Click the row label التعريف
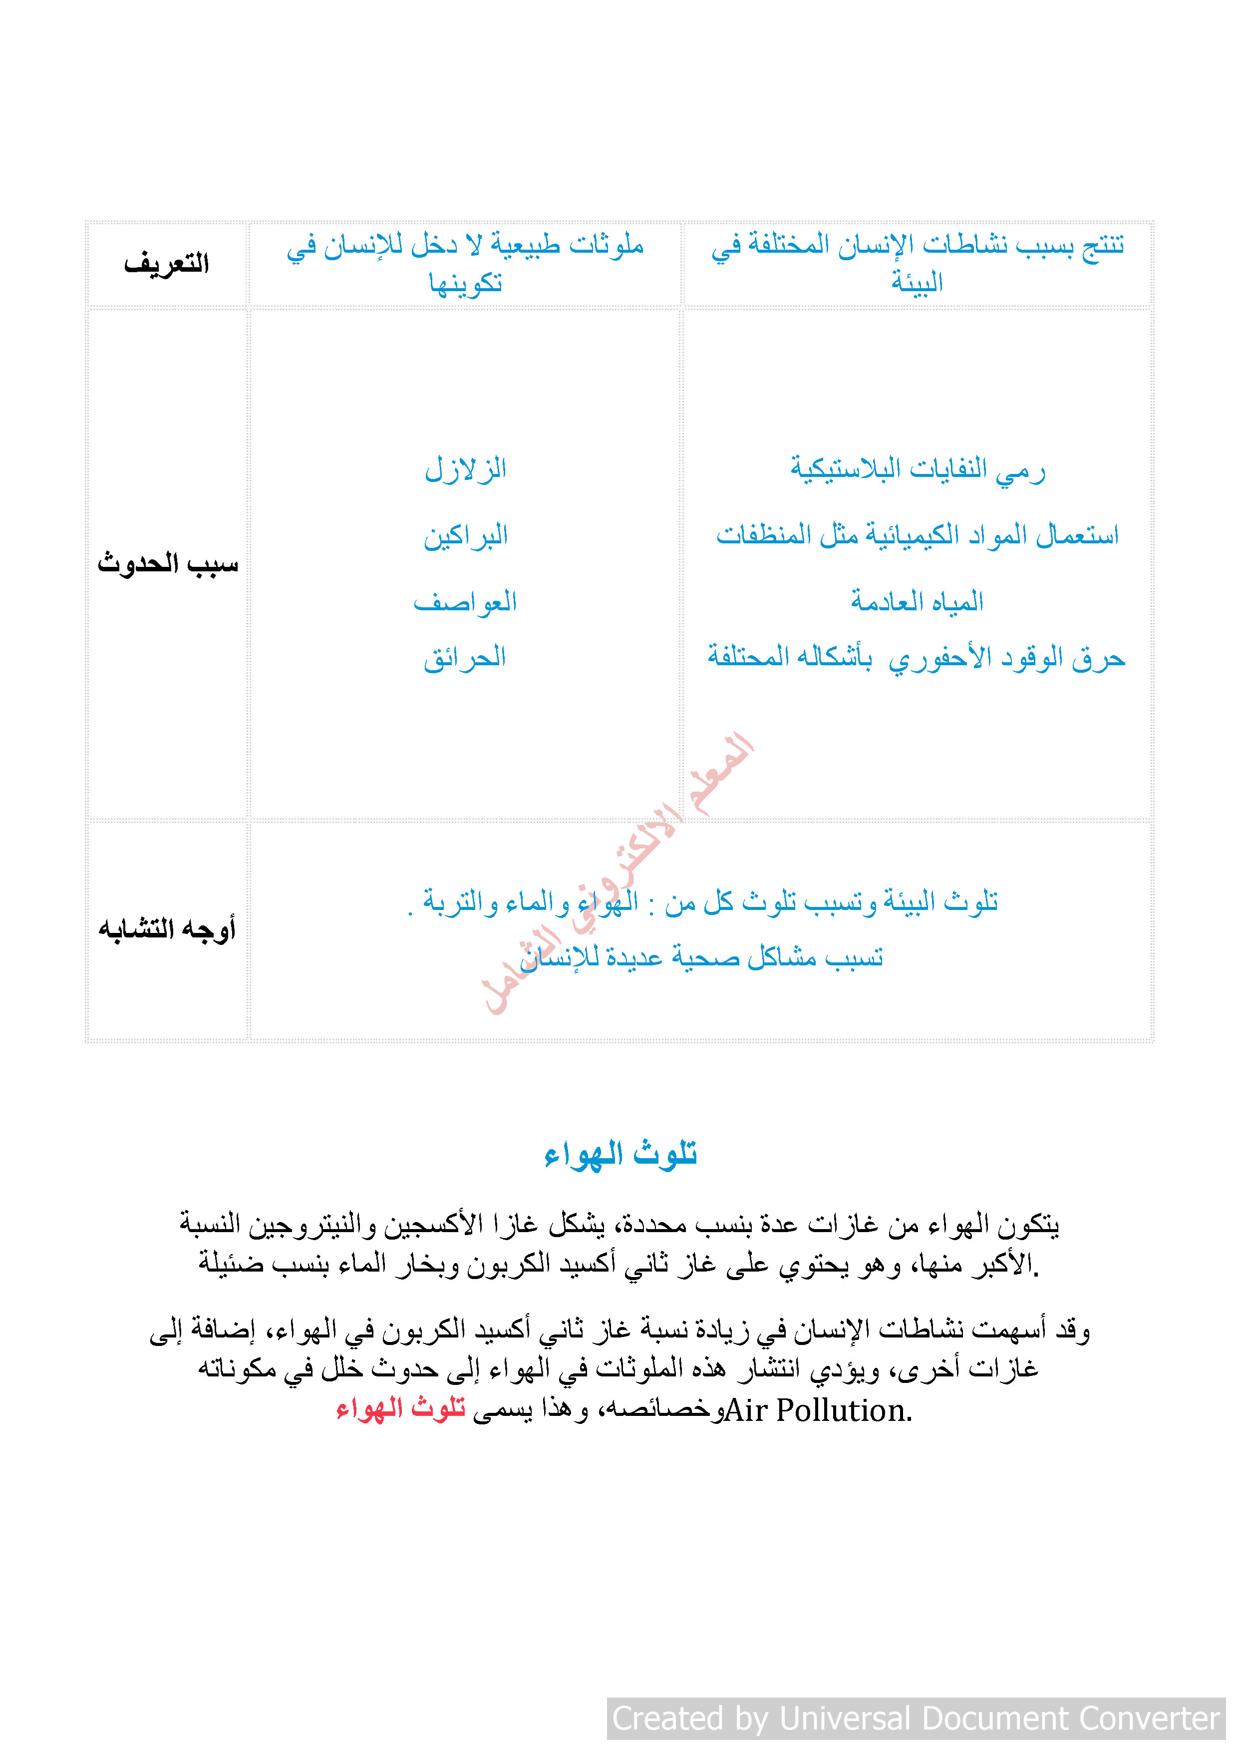(166, 264)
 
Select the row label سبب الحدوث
(168, 564)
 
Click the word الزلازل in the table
(465, 468)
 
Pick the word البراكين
(465, 536)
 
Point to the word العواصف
(465, 602)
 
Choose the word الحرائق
(465, 658)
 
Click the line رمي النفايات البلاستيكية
(918, 468)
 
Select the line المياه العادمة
(918, 602)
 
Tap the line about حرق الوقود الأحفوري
(916, 658)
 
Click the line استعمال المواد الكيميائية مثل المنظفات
(917, 536)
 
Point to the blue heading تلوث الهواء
(620, 1154)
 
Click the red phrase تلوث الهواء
(401, 1408)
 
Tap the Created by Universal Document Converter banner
(916, 1719)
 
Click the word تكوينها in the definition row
(465, 284)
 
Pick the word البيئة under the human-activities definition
(918, 283)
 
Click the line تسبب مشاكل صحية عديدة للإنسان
(702, 957)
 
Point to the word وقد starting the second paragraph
(1072, 1330)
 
